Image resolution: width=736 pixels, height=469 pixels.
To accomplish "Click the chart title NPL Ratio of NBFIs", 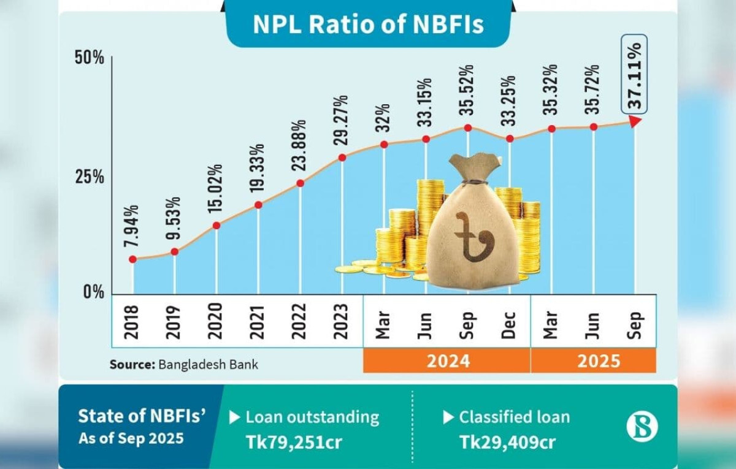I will click(x=368, y=25).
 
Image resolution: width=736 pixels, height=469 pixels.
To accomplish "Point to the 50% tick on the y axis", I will click(x=90, y=58).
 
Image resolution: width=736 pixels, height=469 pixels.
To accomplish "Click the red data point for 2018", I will click(x=133, y=259).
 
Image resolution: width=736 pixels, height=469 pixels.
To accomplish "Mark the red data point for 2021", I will click(x=258, y=205).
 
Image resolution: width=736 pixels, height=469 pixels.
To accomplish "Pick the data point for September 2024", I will click(x=467, y=128).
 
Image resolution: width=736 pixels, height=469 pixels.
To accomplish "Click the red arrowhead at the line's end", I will click(x=635, y=121).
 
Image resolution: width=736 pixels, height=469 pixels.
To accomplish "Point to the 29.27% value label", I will click(x=342, y=121).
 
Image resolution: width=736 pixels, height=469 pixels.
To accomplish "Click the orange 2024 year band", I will click(x=447, y=360).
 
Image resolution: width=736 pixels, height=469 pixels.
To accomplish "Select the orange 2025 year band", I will click(x=593, y=360).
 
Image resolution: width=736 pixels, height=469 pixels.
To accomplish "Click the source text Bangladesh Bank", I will click(x=209, y=364).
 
